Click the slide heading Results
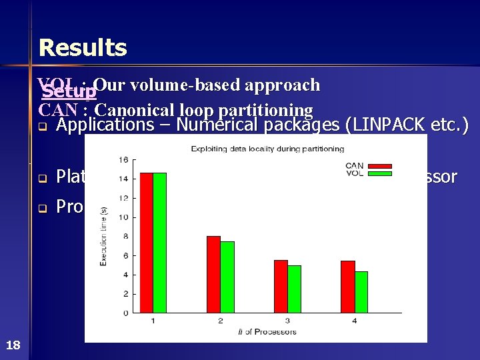[83, 48]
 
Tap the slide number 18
[13, 345]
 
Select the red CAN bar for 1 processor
[146, 243]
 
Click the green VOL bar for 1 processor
[160, 243]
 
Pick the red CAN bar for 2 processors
[213, 274]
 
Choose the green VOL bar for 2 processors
[227, 277]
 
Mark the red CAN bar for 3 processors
[281, 286]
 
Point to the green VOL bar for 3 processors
[295, 289]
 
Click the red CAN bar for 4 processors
[348, 287]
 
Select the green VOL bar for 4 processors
[361, 292]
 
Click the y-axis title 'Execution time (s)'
[104, 236]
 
